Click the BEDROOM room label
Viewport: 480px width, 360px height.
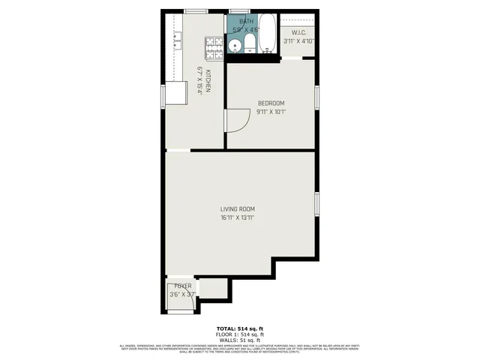click(x=271, y=103)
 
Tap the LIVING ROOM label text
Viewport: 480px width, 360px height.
click(x=238, y=208)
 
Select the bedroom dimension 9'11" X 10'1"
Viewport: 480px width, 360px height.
click(x=271, y=112)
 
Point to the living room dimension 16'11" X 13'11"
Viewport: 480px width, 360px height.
click(x=238, y=217)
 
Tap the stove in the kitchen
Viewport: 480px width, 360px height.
click(x=215, y=49)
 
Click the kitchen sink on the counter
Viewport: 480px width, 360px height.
click(x=178, y=37)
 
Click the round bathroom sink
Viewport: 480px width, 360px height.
click(x=235, y=47)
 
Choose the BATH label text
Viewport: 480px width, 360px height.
click(x=247, y=21)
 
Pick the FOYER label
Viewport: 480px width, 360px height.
click(x=182, y=286)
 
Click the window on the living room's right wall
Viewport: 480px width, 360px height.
click(x=317, y=203)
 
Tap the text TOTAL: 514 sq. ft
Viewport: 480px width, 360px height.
click(x=240, y=328)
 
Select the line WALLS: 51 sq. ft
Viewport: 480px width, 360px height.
click(x=240, y=339)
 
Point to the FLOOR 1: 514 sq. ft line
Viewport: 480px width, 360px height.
click(x=240, y=334)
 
